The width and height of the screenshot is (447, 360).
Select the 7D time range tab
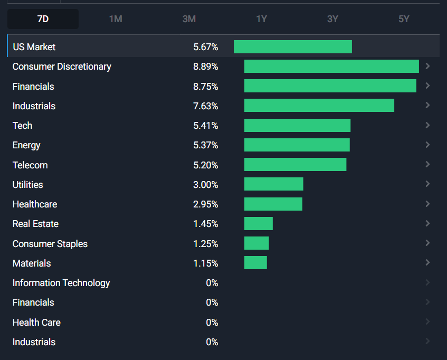click(x=43, y=19)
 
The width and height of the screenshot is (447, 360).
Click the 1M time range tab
click(x=116, y=19)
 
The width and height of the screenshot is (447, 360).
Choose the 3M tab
click(x=189, y=19)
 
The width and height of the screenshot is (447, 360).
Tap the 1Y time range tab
click(x=261, y=19)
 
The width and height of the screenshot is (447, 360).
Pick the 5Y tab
click(x=404, y=19)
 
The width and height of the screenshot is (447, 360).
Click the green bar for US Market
click(x=293, y=46)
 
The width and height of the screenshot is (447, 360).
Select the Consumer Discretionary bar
click(x=331, y=67)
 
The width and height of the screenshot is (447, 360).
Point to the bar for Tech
click(x=297, y=126)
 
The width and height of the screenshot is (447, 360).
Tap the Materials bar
click(x=255, y=263)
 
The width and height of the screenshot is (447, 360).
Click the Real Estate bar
click(x=259, y=224)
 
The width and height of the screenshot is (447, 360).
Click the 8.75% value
click(x=205, y=87)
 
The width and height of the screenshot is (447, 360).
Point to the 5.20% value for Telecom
click(x=205, y=165)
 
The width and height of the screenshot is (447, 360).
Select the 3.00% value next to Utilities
click(x=205, y=185)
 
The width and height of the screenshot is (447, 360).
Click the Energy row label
click(x=26, y=145)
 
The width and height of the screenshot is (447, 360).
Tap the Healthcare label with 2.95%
click(x=35, y=204)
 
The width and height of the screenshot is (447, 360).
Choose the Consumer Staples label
click(x=50, y=244)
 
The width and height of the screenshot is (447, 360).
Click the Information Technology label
click(x=61, y=283)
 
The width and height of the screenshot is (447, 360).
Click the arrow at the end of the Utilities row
click(x=427, y=184)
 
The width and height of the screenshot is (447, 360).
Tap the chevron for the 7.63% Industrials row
click(x=427, y=106)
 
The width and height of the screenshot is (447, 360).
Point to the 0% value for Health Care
click(x=212, y=323)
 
